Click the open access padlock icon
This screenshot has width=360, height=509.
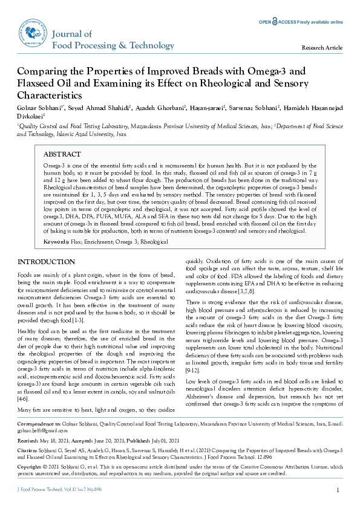coord(275,22)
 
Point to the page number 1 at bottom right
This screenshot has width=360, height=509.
coord(338,489)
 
